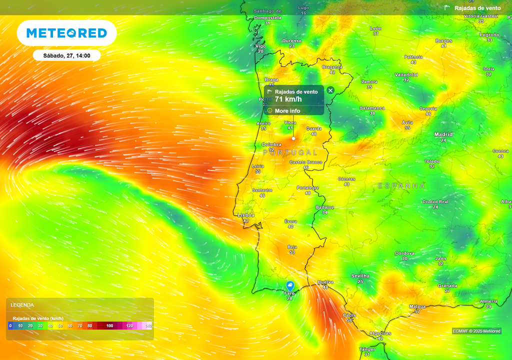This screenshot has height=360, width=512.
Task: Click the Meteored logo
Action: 66,33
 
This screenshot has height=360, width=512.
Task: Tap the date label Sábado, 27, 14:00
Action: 66,55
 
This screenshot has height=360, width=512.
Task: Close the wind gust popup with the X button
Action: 330,90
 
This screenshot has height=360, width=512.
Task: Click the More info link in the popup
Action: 287,110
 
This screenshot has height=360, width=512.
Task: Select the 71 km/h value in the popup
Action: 288,99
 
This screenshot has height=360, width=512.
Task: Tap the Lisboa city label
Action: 246,215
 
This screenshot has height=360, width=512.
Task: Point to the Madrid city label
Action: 443,134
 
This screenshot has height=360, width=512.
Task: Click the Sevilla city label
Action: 360,276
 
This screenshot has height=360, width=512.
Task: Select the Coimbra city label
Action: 271,144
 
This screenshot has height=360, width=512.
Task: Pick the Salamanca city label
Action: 372,108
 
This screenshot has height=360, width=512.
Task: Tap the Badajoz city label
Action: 324,207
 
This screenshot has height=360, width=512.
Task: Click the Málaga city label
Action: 417,306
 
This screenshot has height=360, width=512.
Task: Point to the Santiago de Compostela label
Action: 267,14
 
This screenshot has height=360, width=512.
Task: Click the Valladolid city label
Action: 406,75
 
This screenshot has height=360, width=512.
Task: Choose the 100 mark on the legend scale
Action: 109,326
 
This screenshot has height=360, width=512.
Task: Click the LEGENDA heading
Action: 22,304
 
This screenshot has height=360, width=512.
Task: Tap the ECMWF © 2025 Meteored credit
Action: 476,331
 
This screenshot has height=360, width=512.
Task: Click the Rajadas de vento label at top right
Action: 477,8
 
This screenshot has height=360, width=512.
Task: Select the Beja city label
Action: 292,247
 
